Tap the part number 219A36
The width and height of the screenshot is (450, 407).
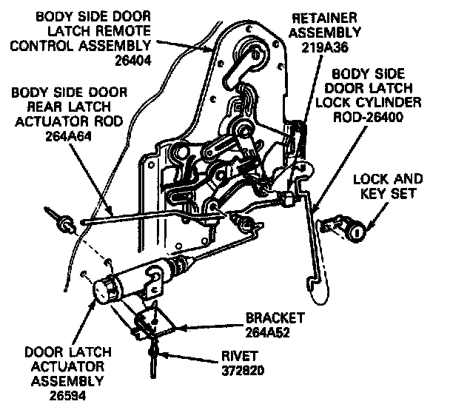pos(326,46)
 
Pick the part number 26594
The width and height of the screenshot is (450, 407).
pos(67,395)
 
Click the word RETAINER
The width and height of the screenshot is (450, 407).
pos(327,17)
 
